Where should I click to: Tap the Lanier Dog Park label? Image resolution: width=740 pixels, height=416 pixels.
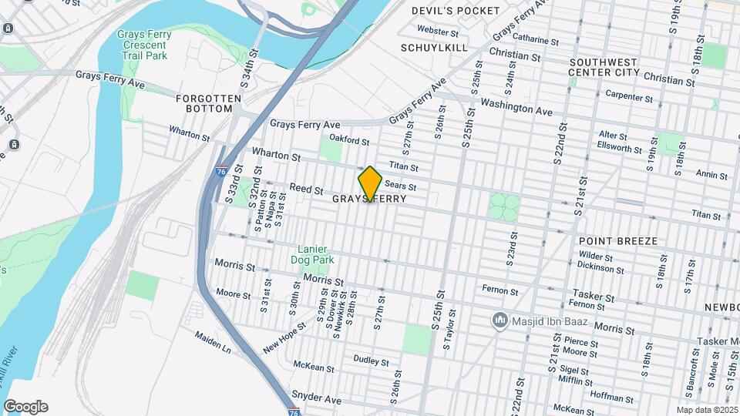click(313, 254)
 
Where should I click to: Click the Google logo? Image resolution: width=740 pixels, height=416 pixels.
click(25, 407)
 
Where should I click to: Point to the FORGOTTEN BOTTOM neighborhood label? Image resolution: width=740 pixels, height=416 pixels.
click(203, 103)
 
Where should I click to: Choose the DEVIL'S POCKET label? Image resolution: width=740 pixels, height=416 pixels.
click(456, 11)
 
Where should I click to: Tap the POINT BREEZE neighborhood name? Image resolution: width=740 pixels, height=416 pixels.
click(617, 241)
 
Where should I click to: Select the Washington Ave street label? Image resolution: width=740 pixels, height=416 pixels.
click(516, 106)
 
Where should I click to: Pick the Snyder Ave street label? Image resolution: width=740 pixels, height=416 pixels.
click(316, 400)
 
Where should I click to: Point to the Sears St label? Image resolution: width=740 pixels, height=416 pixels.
click(400, 186)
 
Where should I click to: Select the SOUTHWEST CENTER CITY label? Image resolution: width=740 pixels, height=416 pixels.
click(604, 67)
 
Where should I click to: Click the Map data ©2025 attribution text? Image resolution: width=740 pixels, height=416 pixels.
click(707, 410)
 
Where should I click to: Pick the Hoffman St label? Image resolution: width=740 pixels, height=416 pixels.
click(610, 398)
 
